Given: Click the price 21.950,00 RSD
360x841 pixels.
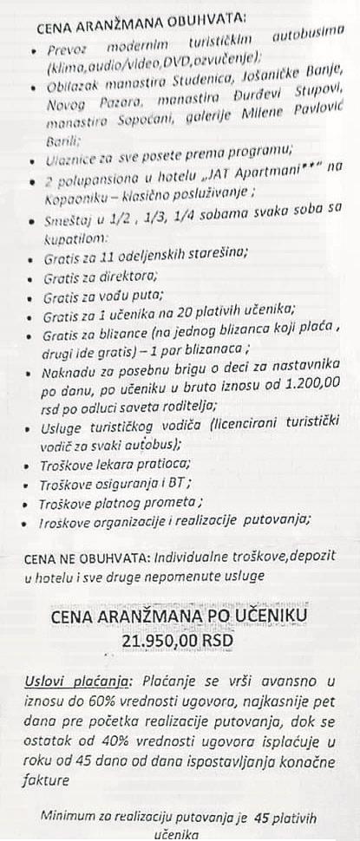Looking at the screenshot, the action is (x=179, y=639).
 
